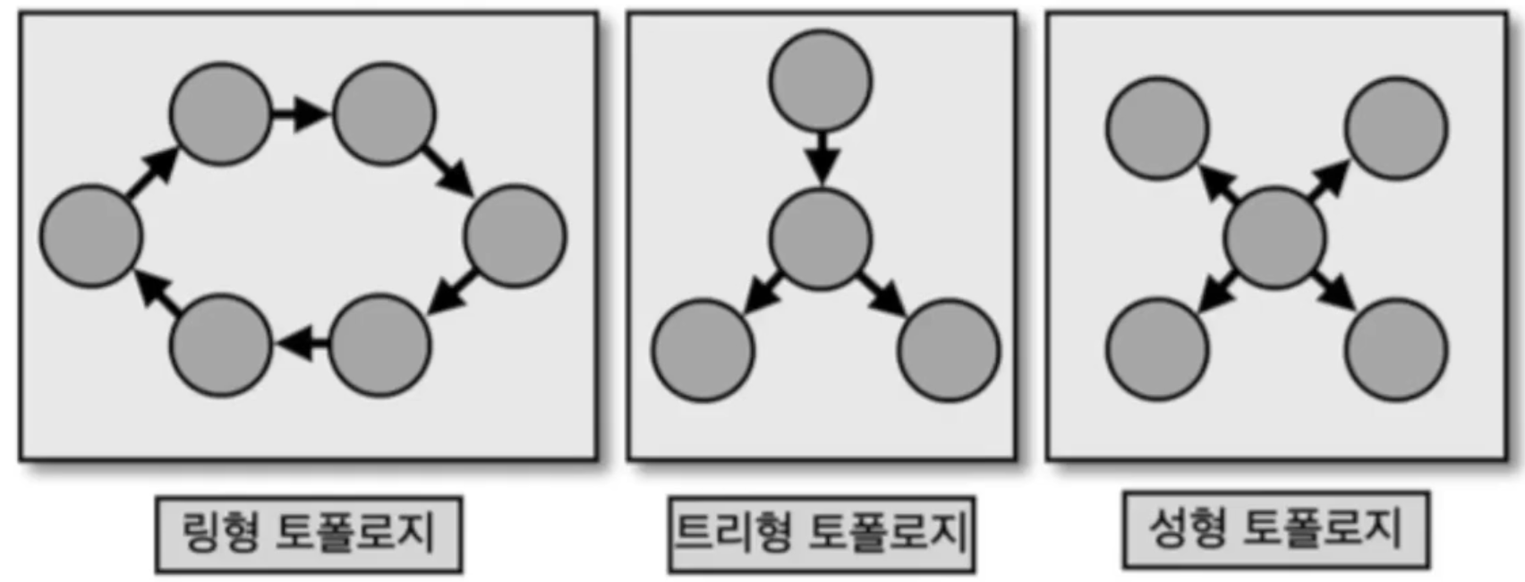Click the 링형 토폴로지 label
point(309,534)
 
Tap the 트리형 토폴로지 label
point(821,534)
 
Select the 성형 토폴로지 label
point(1275,529)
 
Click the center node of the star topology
point(1274,238)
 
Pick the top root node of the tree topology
point(820,80)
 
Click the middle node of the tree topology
point(820,238)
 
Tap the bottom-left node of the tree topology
point(703,350)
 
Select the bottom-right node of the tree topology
point(949,350)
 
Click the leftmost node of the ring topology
point(90,236)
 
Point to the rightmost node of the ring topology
point(515,236)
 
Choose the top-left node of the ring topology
point(220,114)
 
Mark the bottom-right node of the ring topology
point(381,345)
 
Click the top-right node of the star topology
point(1396,128)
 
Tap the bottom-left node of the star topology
point(1157,349)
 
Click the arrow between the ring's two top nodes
point(301,114)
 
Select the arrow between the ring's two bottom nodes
point(302,342)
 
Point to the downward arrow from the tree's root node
point(821,158)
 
